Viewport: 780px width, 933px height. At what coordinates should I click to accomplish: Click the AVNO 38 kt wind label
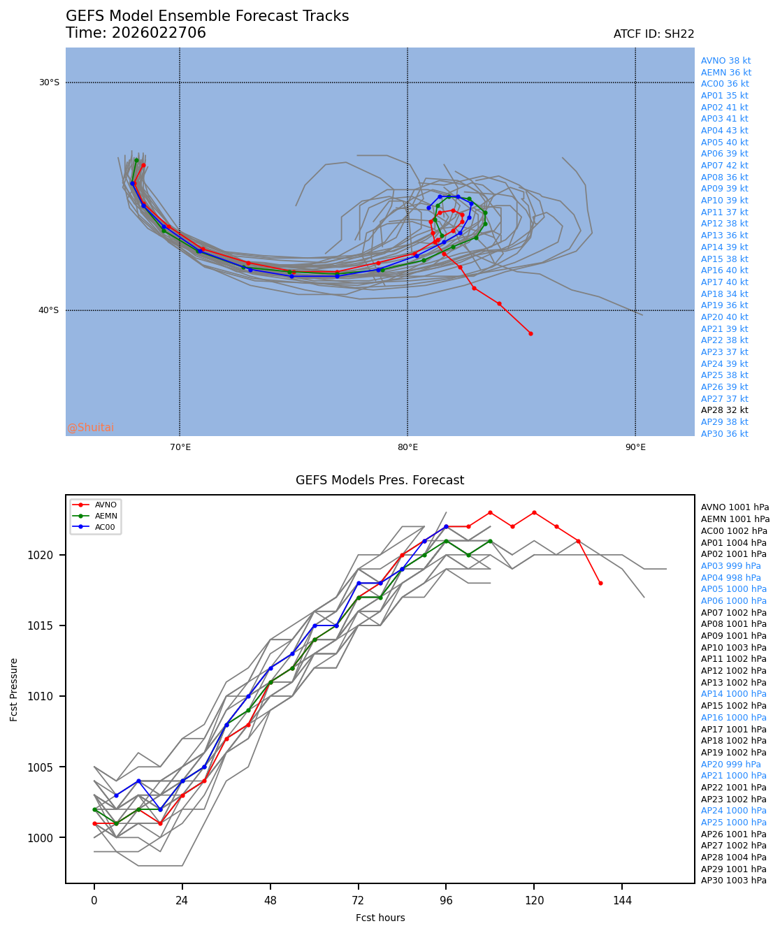pyautogui.click(x=725, y=61)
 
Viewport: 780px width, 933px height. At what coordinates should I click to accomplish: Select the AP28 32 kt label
pyautogui.click(x=724, y=410)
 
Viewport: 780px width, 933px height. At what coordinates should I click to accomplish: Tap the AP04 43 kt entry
pyautogui.click(x=724, y=131)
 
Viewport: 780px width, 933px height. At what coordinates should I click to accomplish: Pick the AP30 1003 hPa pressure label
pyautogui.click(x=733, y=881)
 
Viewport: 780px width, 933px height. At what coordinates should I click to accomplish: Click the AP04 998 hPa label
pyautogui.click(x=730, y=578)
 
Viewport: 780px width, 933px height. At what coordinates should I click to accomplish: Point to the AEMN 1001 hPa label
pyautogui.click(x=735, y=519)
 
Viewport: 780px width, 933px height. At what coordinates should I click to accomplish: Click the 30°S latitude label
pyautogui.click(x=49, y=82)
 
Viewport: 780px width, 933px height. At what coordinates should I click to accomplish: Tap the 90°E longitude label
pyautogui.click(x=635, y=447)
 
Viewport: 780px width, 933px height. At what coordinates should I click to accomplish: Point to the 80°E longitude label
pyautogui.click(x=407, y=447)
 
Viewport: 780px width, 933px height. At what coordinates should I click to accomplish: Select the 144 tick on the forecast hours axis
pyautogui.click(x=622, y=901)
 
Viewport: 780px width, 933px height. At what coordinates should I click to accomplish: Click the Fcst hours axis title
pyautogui.click(x=380, y=918)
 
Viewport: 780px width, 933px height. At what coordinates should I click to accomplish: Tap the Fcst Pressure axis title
pyautogui.click(x=14, y=689)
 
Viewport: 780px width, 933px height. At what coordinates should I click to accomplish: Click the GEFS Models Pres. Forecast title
pyautogui.click(x=380, y=480)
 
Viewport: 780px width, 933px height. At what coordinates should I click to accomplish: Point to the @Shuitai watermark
pyautogui.click(x=90, y=428)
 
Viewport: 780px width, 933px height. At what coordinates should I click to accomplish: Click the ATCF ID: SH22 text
pyautogui.click(x=653, y=34)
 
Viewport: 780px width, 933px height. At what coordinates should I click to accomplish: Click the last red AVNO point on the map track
pyautogui.click(x=530, y=333)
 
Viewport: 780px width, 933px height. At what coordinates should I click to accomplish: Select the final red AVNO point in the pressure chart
pyautogui.click(x=600, y=583)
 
